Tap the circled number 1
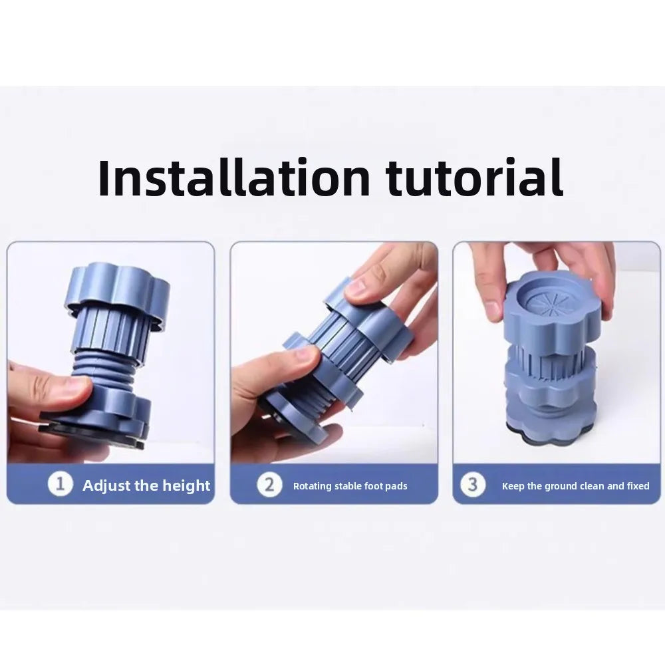pyautogui.click(x=61, y=484)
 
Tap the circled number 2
pyautogui.click(x=269, y=484)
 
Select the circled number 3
pyautogui.click(x=473, y=484)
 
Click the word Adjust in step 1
pyautogui.click(x=106, y=485)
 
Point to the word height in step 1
pyautogui.click(x=186, y=485)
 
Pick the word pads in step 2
pyautogui.click(x=396, y=485)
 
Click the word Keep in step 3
pyautogui.click(x=513, y=486)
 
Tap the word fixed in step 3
pyautogui.click(x=638, y=485)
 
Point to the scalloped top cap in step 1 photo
pyautogui.click(x=117, y=293)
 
